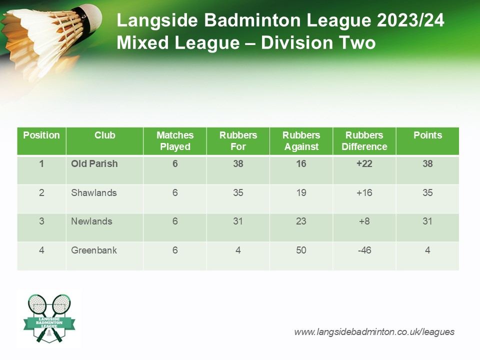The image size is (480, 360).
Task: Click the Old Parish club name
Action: (94, 164)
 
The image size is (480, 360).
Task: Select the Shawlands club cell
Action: (94, 192)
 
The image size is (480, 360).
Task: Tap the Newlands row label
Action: (91, 221)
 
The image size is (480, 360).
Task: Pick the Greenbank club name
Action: (94, 250)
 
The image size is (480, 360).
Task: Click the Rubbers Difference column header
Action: (364, 141)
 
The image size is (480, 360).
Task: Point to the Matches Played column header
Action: (175, 141)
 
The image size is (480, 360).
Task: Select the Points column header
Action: (427, 135)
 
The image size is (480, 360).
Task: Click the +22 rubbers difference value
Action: (364, 164)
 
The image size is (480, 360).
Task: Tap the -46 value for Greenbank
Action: (364, 250)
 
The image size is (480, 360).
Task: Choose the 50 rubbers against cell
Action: (301, 250)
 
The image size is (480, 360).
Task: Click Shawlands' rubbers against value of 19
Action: (301, 192)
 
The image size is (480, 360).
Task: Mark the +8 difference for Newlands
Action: (364, 221)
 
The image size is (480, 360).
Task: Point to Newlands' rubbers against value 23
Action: (301, 221)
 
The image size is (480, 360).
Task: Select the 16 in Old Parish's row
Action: (301, 164)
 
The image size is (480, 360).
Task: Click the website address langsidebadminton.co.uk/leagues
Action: (374, 332)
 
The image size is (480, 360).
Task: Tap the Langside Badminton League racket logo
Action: (49, 318)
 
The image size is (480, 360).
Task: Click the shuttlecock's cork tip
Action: (93, 17)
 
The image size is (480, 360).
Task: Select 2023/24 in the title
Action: (410, 20)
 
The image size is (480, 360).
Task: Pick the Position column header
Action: (41, 135)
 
